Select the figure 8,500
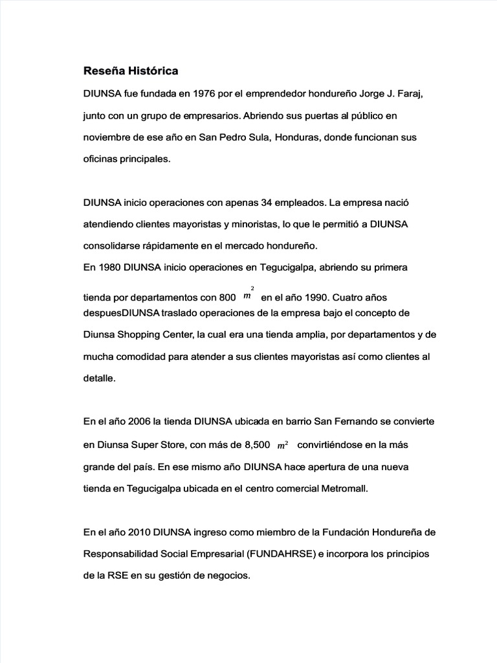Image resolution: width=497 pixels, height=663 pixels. click(x=253, y=445)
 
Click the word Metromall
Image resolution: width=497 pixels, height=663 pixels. click(x=344, y=489)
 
